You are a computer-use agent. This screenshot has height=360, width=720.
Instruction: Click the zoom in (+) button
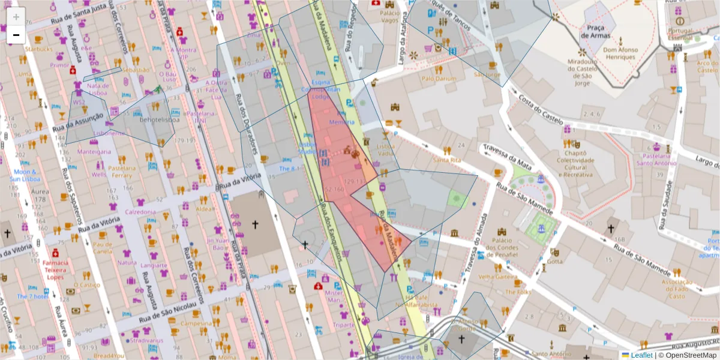16,17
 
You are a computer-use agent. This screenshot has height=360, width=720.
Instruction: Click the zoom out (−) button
16,35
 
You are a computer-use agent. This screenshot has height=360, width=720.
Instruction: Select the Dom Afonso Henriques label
619,53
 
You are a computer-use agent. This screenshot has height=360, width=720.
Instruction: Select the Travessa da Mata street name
503,155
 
